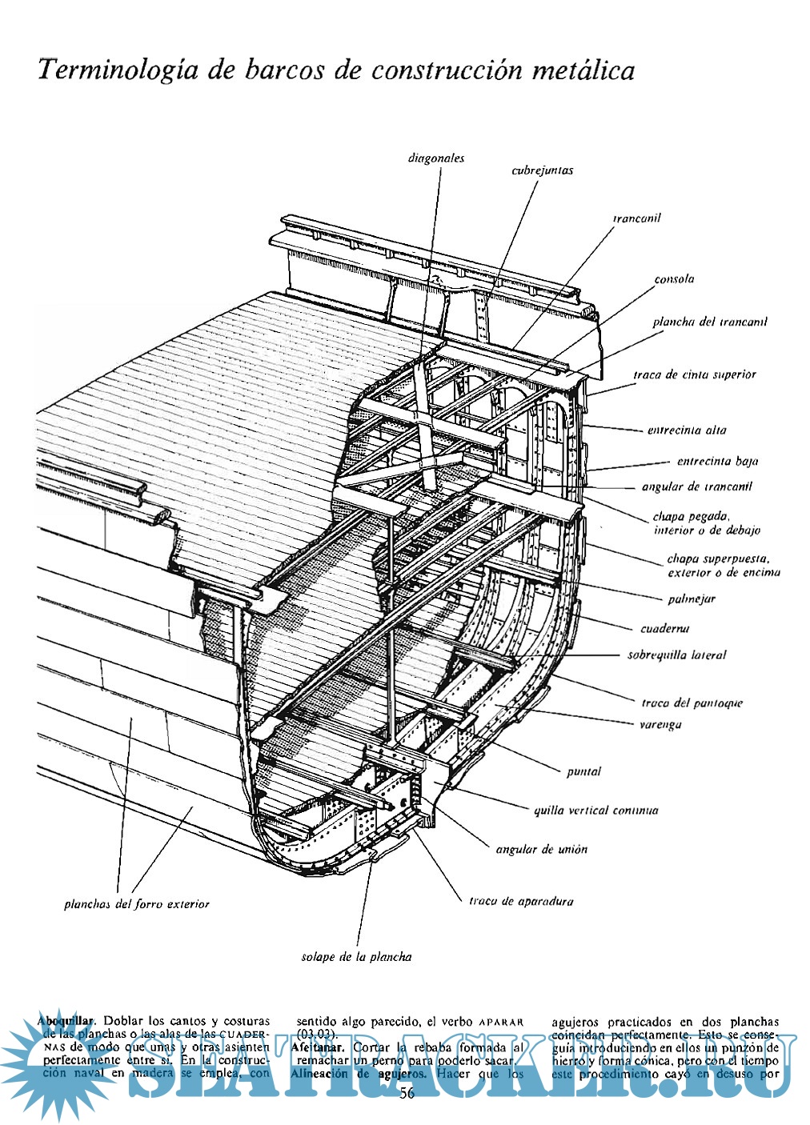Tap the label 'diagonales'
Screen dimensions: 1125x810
pyautogui.click(x=435, y=158)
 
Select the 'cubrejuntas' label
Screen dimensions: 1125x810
pyautogui.click(x=542, y=170)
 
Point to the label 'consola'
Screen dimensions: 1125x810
pyautogui.click(x=674, y=279)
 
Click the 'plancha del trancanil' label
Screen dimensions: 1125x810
pyautogui.click(x=709, y=322)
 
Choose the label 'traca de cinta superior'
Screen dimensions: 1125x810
pyautogui.click(x=694, y=374)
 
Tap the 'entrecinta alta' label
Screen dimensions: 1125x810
pyautogui.click(x=687, y=430)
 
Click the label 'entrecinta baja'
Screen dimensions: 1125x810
pyautogui.click(x=717, y=462)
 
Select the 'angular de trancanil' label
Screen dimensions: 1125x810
pyautogui.click(x=696, y=486)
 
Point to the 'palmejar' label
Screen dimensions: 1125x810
pyautogui.click(x=692, y=599)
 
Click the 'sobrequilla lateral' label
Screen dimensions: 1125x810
pyautogui.click(x=676, y=655)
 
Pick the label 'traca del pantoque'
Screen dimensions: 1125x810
pyautogui.click(x=692, y=703)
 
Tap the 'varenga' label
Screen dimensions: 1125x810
pyautogui.click(x=660, y=724)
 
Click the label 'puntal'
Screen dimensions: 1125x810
pyautogui.click(x=583, y=771)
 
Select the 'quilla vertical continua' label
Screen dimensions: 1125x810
pyautogui.click(x=595, y=811)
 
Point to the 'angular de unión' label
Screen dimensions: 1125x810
pyautogui.click(x=541, y=849)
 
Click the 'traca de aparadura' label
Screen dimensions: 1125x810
pyautogui.click(x=520, y=901)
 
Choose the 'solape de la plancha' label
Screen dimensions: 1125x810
pyautogui.click(x=356, y=956)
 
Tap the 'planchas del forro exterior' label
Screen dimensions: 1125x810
pyautogui.click(x=136, y=904)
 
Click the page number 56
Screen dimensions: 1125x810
pyautogui.click(x=407, y=1094)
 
